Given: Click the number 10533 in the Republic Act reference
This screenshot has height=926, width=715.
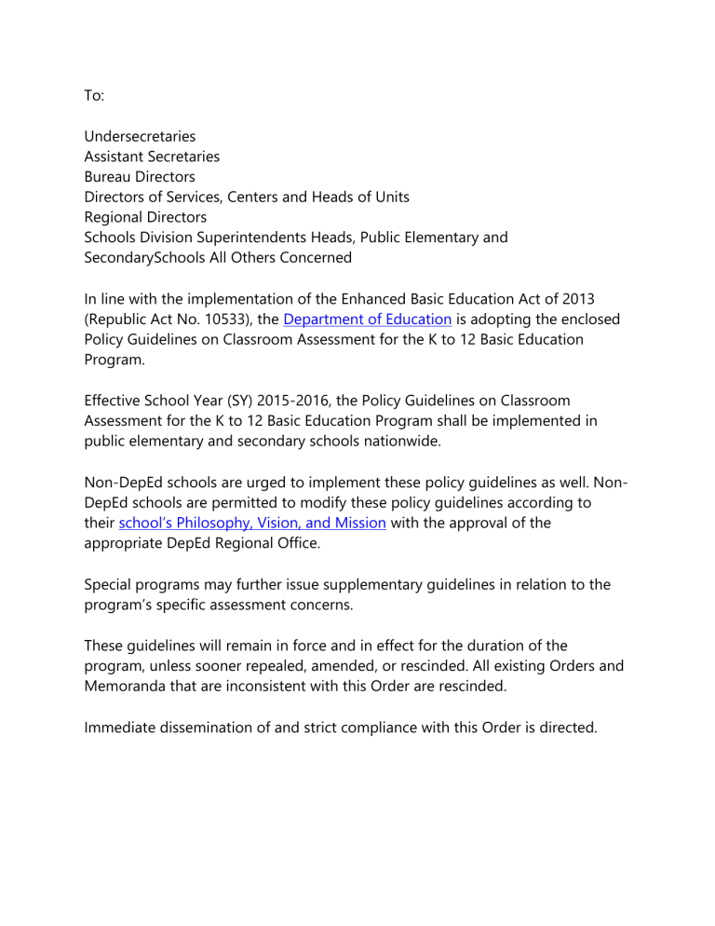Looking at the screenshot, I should tap(217, 320).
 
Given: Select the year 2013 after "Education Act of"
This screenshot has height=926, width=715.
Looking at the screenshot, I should tap(577, 299).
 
